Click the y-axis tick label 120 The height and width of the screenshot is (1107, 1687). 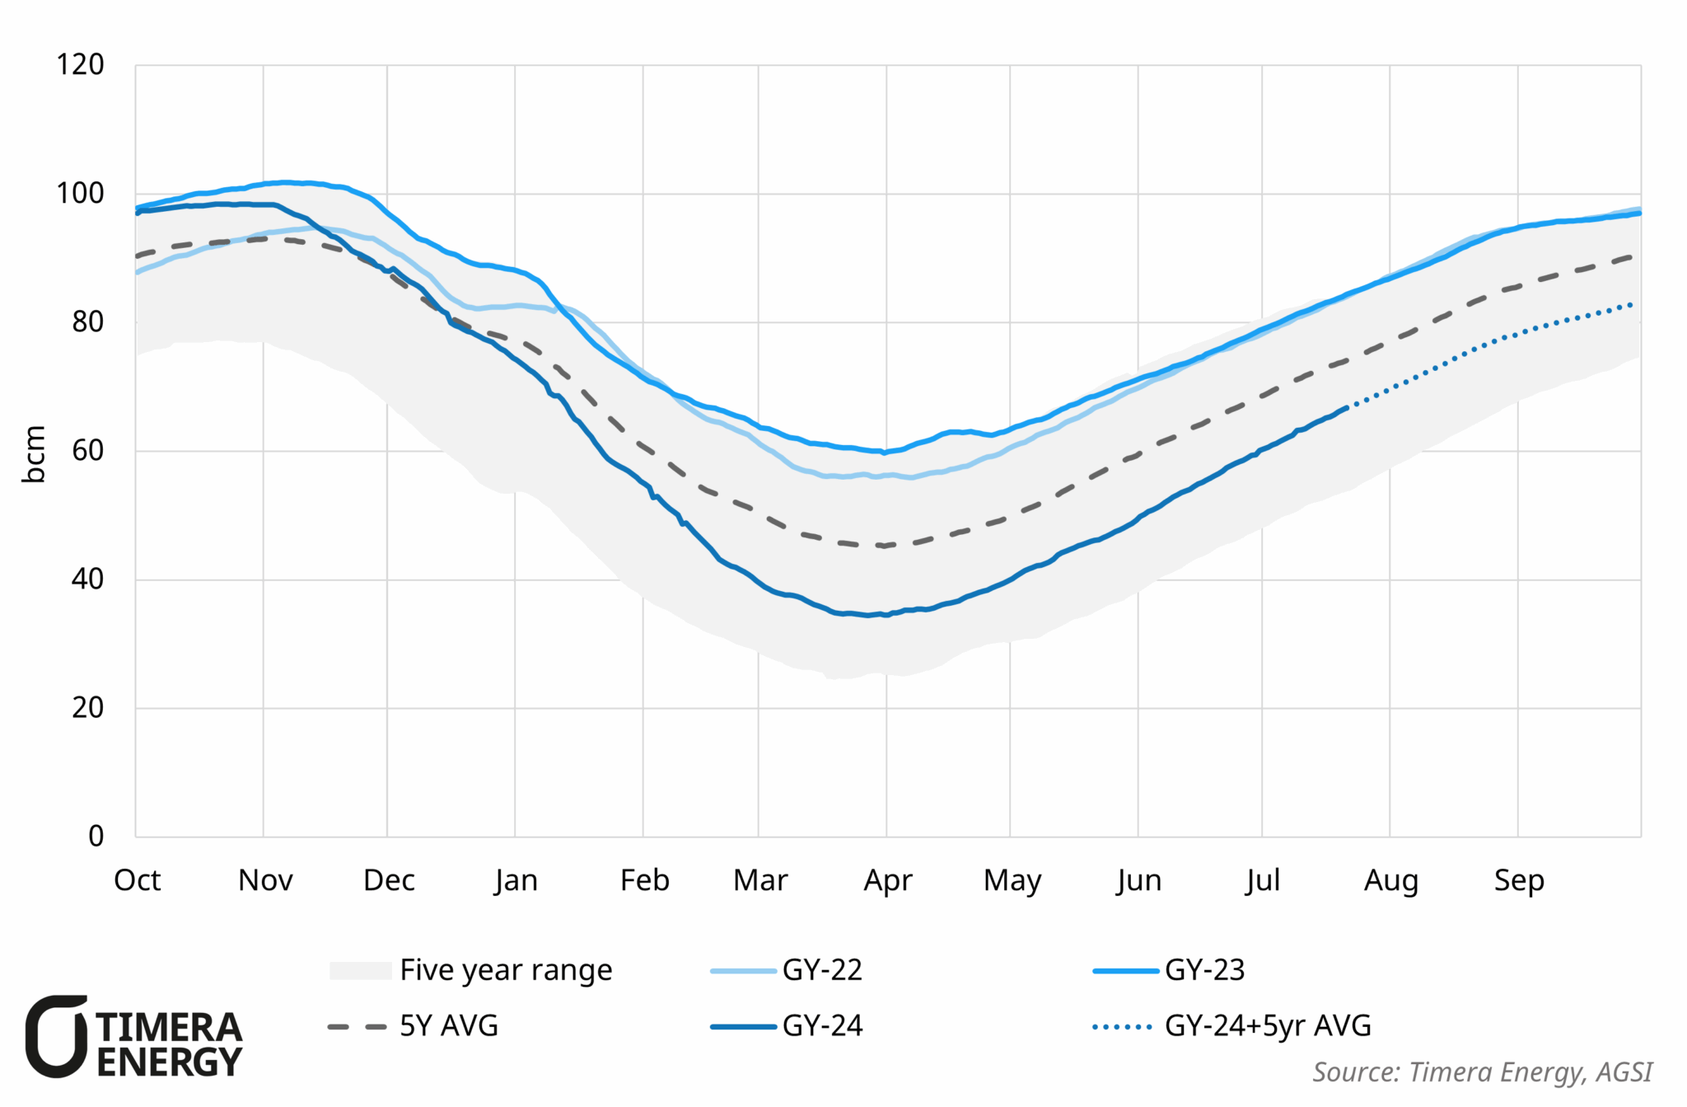coord(80,64)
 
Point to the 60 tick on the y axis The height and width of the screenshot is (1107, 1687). coord(87,450)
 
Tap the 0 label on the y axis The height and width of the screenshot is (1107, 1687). coord(96,836)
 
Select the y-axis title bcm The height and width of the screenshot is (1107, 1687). coord(34,454)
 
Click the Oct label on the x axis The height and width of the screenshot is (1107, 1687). coord(137,880)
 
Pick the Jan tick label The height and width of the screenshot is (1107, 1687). coord(516,880)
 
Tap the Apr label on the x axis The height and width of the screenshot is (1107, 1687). coord(887,880)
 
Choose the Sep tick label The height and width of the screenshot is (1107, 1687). coord(1518,880)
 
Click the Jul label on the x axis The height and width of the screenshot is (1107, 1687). coord(1262,880)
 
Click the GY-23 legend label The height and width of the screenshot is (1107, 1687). coord(1203,970)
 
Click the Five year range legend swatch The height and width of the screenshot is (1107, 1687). coord(360,970)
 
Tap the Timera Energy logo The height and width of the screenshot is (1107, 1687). coord(134,1037)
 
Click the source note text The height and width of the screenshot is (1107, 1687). coord(1481,1072)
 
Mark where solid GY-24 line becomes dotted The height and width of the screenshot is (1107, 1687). coord(1347,406)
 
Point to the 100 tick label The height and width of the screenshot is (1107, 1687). coord(80,193)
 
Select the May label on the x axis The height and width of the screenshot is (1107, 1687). coord(1012,880)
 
